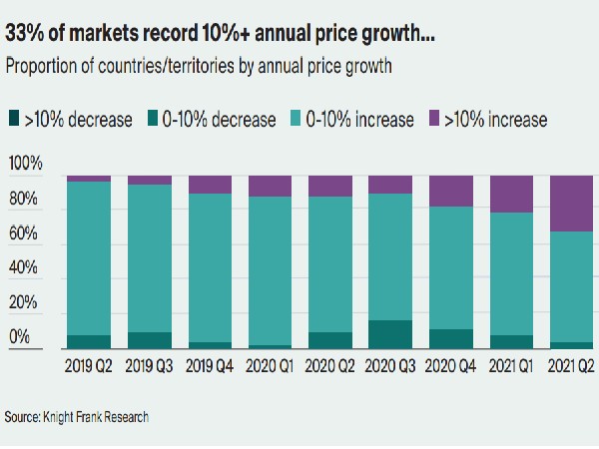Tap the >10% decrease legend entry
tap(70, 120)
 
